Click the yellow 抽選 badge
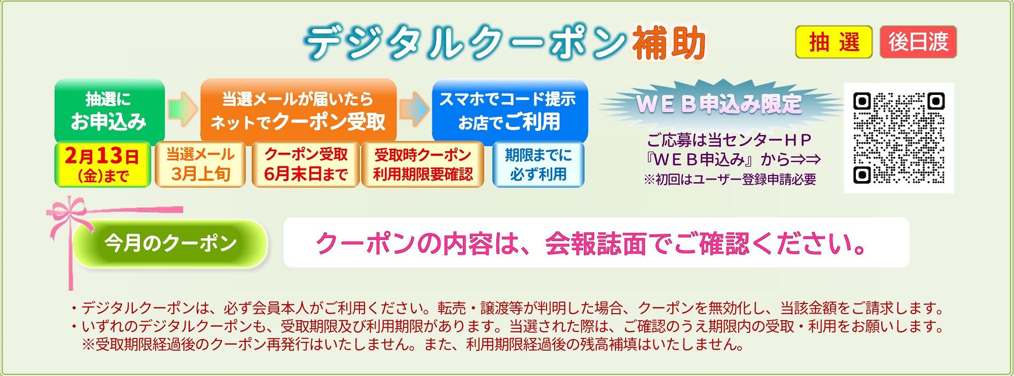(834, 42)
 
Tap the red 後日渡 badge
(918, 42)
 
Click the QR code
(899, 138)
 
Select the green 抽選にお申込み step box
(110, 111)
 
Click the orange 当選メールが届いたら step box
(298, 111)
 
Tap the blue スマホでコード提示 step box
(510, 111)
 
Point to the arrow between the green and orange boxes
(183, 109)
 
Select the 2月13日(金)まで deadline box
(102, 164)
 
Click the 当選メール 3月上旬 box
(200, 164)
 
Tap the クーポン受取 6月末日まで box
(306, 164)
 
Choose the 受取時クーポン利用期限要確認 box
(423, 164)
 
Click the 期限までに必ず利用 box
(538, 164)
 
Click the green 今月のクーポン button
(170, 244)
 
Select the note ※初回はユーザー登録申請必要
(730, 180)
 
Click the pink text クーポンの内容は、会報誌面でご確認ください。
(591, 244)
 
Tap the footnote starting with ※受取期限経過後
(413, 345)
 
